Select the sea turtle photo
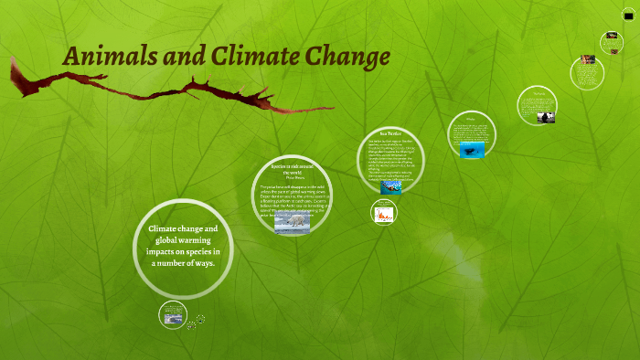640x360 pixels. click(x=391, y=186)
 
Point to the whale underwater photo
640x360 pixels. click(x=473, y=151)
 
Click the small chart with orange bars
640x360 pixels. click(x=384, y=214)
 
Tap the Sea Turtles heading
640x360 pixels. click(x=391, y=134)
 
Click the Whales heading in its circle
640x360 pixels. click(x=472, y=118)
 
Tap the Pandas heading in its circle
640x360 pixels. click(x=538, y=92)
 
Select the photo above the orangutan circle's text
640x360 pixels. click(x=586, y=59)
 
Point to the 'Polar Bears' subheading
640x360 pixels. click(x=293, y=178)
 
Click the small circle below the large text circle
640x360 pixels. click(x=173, y=314)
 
